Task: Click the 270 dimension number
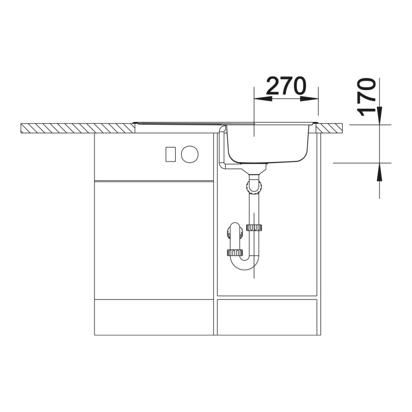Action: click(x=286, y=86)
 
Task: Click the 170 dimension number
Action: click(x=366, y=97)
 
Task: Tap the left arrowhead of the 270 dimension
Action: click(x=263, y=99)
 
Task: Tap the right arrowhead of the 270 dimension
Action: click(x=309, y=99)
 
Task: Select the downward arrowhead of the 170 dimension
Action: click(x=380, y=115)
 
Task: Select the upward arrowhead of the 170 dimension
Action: click(x=380, y=172)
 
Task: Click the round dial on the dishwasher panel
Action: click(x=190, y=154)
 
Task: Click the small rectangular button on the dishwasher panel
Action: click(x=170, y=154)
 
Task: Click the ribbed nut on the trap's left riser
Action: click(x=235, y=253)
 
